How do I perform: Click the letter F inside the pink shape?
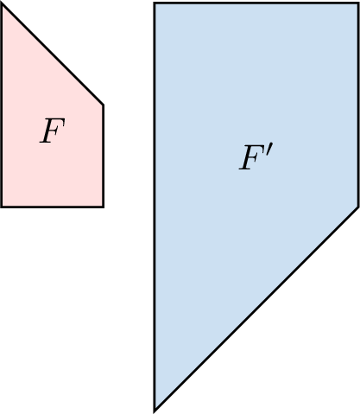pos(52,131)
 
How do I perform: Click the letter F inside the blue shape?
pos(251,157)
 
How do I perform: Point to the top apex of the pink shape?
pos(2,4)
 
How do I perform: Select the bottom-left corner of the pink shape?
pos(2,207)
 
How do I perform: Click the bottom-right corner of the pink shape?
pos(103,207)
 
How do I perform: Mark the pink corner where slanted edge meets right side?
pos(103,105)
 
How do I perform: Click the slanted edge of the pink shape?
pos(53,54)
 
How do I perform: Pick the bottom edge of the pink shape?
pos(53,207)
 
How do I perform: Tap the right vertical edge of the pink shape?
pos(103,156)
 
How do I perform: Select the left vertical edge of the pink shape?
pos(2,105)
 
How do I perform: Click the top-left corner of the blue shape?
pos(155,3)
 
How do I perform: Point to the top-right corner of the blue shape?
pos(358,3)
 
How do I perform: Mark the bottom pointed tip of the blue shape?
pos(155,411)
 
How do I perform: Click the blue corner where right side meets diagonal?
pos(358,207)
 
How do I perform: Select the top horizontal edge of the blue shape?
pos(256,3)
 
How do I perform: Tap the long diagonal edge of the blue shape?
pos(256,309)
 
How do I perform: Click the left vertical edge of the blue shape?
pos(155,207)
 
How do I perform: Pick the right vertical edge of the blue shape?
pos(358,105)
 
